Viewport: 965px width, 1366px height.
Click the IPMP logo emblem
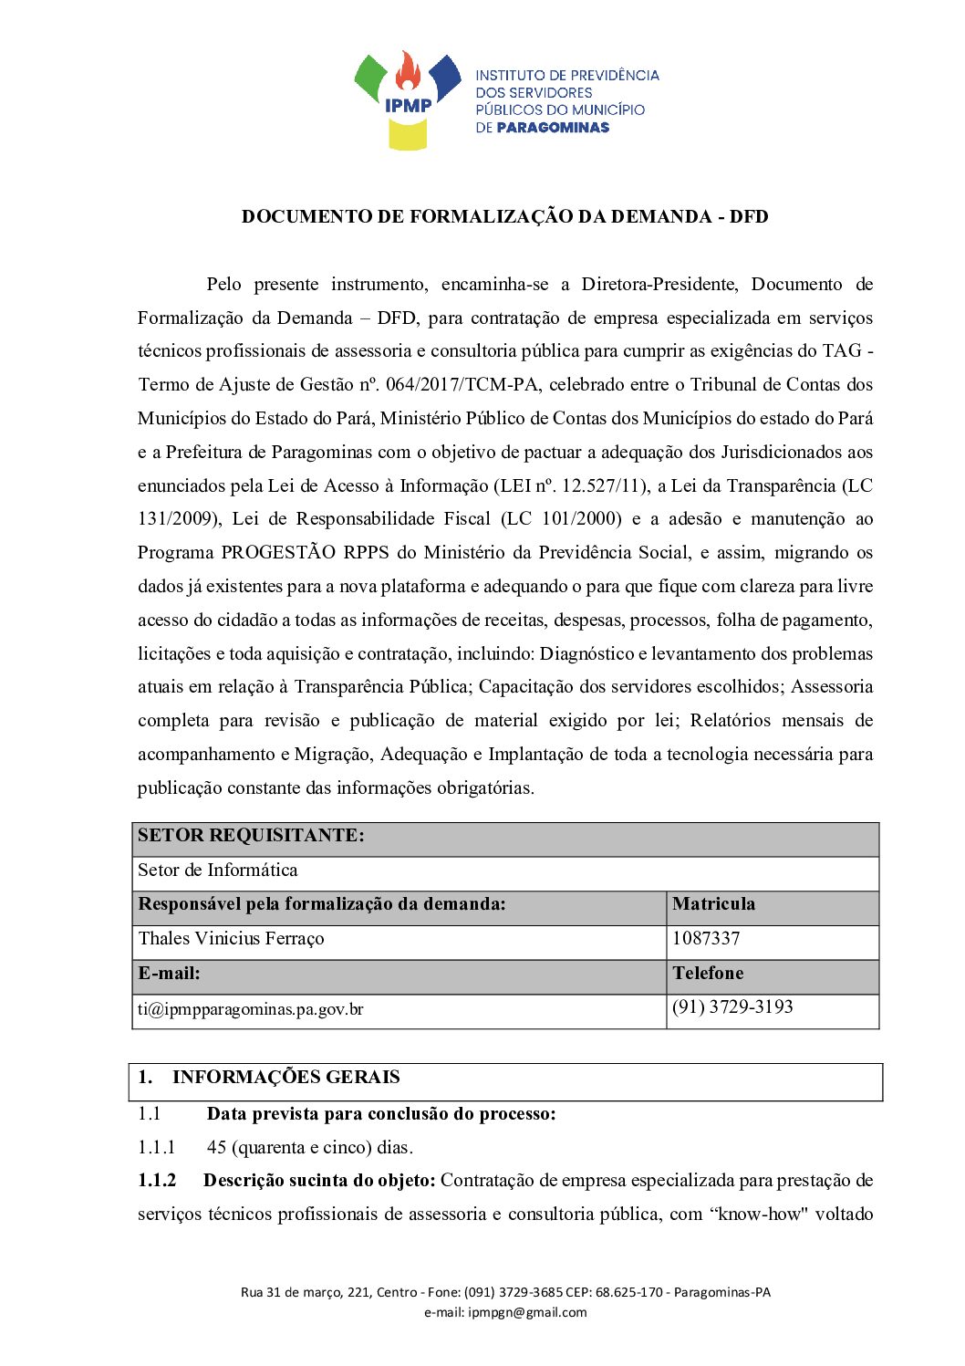[408, 99]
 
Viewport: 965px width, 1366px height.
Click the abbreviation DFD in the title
[749, 217]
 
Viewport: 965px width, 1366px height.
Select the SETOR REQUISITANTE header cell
[251, 836]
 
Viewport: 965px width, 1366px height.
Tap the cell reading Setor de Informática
[218, 871]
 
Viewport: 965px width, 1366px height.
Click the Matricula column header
[713, 904]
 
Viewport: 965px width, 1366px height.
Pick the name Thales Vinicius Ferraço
[231, 939]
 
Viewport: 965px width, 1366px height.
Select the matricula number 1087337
[706, 939]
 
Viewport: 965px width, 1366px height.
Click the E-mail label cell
[170, 974]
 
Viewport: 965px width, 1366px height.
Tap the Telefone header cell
[708, 974]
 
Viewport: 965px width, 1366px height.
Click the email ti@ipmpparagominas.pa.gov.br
[251, 1009]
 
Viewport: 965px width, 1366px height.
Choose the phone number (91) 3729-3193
[732, 1007]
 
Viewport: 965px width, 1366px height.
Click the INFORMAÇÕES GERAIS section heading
[285, 1078]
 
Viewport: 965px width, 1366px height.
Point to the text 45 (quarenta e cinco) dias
[310, 1148]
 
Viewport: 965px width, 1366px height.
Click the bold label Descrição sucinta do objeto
[319, 1181]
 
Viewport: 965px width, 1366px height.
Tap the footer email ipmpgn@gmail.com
[527, 1313]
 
